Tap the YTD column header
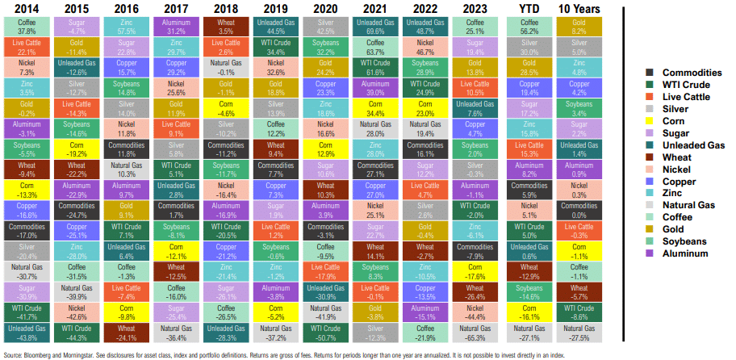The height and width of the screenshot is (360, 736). [x=529, y=8]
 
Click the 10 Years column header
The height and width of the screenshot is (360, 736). [x=579, y=8]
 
